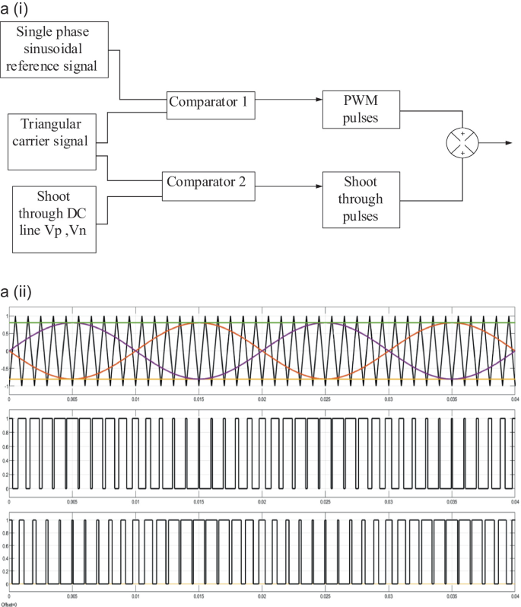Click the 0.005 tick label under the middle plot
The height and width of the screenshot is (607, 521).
(72, 501)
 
